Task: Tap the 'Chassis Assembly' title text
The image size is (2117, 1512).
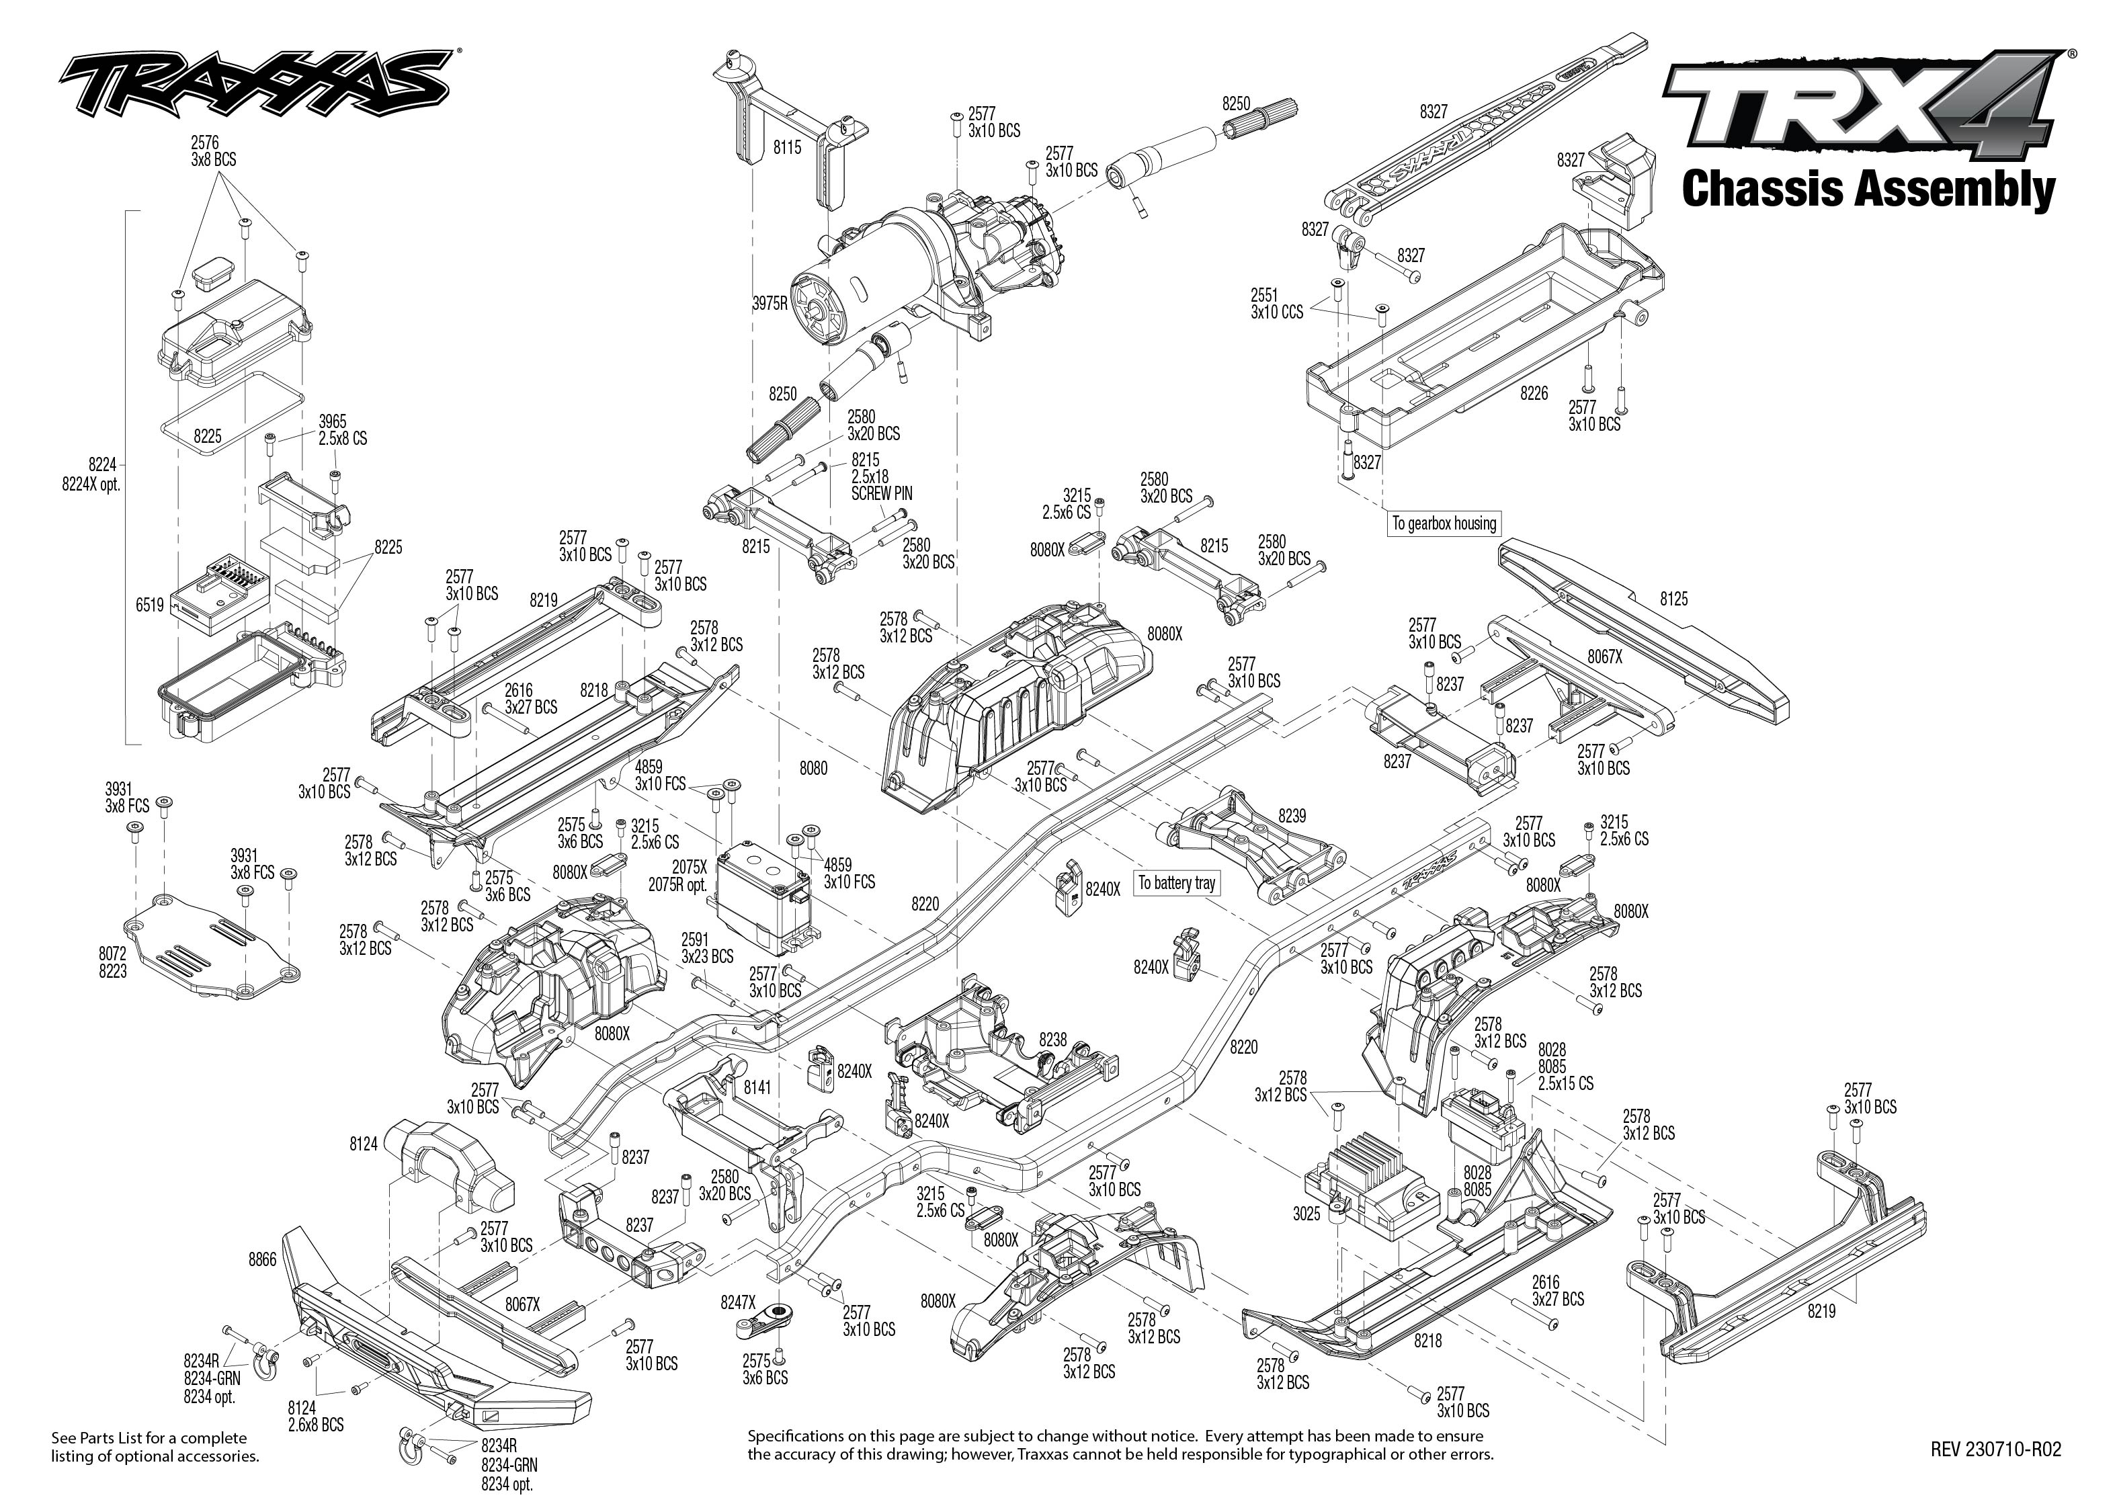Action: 1868,189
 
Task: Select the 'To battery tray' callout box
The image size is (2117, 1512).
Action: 1177,882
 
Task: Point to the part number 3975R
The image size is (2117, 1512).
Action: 770,302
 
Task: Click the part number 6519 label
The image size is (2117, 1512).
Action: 149,605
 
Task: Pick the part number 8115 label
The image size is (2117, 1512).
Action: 787,147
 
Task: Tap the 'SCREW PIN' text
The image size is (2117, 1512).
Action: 882,493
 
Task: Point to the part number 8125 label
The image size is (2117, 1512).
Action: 1673,599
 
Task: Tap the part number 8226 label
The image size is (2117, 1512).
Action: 1533,394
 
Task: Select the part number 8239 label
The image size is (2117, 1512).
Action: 1291,816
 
